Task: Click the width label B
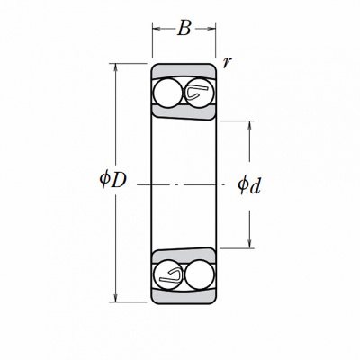[184, 29]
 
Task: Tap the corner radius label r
[227, 62]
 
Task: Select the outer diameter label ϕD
[113, 179]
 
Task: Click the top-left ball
[167, 93]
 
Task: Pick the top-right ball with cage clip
[200, 93]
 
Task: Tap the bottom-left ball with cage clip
[167, 274]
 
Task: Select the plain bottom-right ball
[200, 274]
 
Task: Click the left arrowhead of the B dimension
[157, 29]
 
